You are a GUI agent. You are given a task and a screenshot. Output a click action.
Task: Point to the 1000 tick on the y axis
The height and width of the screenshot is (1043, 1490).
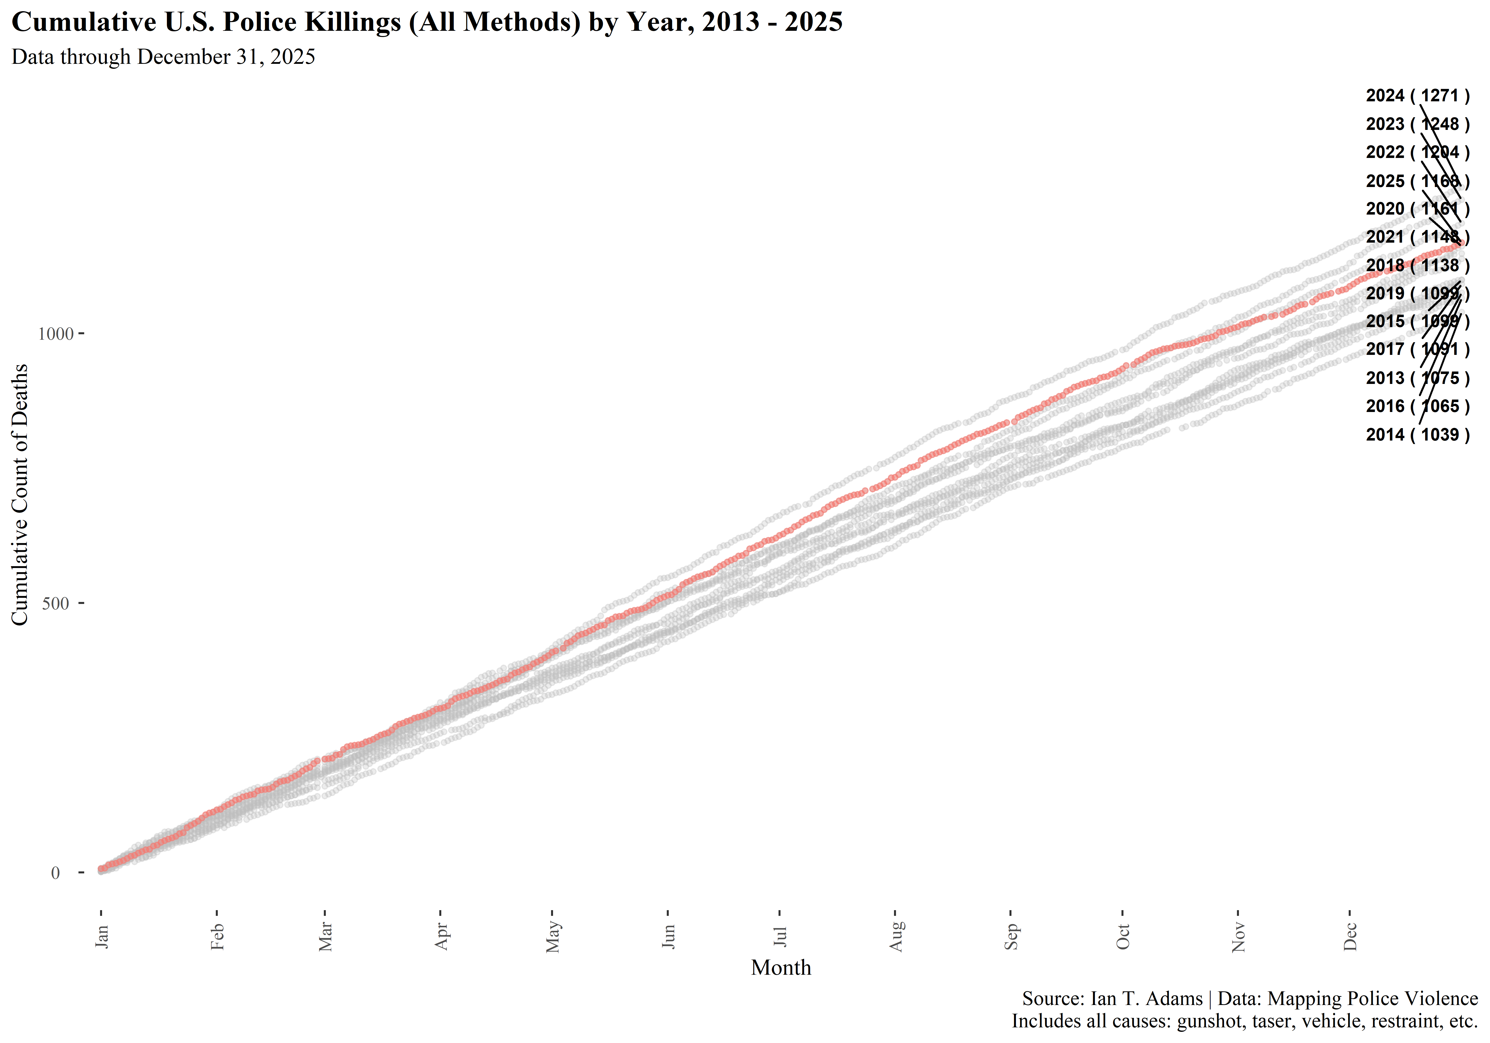56,334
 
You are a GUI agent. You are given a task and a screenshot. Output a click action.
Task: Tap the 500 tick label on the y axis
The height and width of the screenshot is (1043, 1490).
56,604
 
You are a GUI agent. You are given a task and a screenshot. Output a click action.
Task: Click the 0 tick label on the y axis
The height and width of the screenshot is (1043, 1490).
56,873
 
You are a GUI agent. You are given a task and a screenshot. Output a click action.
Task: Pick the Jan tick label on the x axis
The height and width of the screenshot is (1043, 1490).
102,936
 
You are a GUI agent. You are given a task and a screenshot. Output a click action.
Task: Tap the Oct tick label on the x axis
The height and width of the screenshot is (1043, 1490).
1123,936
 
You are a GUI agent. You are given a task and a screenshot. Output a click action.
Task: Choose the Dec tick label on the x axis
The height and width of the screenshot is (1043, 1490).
1350,936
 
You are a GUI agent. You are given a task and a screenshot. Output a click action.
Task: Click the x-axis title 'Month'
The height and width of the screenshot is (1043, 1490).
781,968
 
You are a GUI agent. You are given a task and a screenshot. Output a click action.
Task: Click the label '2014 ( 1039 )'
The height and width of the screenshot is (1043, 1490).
1417,435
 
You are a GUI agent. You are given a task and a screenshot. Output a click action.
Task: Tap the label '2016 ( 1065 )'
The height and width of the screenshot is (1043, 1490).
1417,406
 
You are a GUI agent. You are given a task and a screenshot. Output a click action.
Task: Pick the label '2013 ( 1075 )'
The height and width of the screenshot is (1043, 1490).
1417,378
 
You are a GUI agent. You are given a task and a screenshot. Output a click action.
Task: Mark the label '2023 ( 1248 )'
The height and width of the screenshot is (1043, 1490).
1417,124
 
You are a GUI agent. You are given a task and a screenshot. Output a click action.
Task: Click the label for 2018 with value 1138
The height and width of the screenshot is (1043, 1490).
1417,265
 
